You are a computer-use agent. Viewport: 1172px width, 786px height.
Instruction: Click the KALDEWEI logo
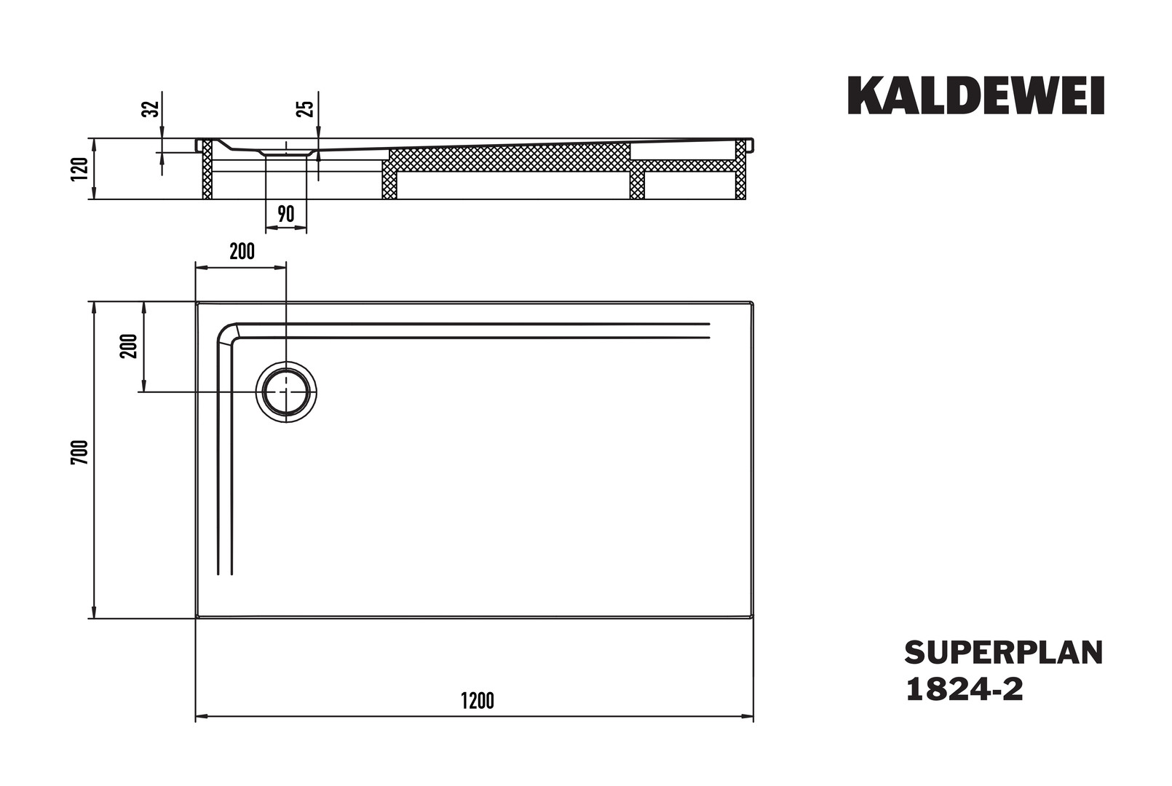pyautogui.click(x=975, y=95)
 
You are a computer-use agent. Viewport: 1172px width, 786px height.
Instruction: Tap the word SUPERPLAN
pyautogui.click(x=1004, y=653)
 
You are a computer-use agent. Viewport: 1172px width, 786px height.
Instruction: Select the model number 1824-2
pyautogui.click(x=965, y=689)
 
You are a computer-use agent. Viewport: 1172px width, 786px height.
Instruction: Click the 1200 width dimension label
pyautogui.click(x=478, y=701)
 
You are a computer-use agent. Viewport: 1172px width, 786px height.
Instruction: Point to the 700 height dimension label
pyautogui.click(x=79, y=453)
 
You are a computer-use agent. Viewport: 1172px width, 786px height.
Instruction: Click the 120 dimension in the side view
pyautogui.click(x=79, y=169)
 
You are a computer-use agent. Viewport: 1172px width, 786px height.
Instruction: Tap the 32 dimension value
pyautogui.click(x=151, y=108)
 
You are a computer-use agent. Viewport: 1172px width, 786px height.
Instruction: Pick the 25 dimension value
pyautogui.click(x=306, y=108)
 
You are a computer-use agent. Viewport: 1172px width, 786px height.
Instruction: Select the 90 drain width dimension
pyautogui.click(x=285, y=215)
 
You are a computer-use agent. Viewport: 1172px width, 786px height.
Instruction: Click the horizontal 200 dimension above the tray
pyautogui.click(x=242, y=252)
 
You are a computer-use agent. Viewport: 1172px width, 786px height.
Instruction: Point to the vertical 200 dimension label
pyautogui.click(x=129, y=346)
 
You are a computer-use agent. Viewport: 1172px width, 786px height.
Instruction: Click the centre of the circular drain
pyautogui.click(x=286, y=392)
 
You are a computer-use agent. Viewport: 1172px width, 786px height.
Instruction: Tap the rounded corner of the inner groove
pyautogui.click(x=228, y=333)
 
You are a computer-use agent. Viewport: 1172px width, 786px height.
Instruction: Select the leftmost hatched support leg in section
pyautogui.click(x=207, y=169)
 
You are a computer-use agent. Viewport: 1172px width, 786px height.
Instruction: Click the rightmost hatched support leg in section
pyautogui.click(x=740, y=169)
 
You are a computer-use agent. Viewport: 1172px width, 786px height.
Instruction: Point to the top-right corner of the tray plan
pyautogui.click(x=753, y=302)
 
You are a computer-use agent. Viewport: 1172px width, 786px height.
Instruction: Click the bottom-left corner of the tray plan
pyautogui.click(x=197, y=618)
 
